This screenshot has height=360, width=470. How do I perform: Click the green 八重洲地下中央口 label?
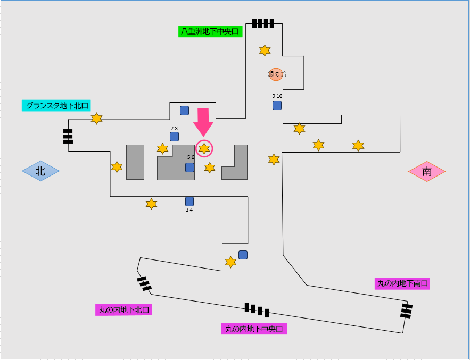210,31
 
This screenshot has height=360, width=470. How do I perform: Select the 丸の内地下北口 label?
123,309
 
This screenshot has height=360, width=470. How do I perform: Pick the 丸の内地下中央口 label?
254,329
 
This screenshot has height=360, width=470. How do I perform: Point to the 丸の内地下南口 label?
402,283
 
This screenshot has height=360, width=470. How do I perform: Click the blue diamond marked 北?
40,171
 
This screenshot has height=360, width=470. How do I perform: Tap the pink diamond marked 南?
427,172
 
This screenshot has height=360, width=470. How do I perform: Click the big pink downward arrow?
203,123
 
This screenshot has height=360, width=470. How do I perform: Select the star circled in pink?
204,149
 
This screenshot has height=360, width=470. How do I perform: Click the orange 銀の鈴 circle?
275,74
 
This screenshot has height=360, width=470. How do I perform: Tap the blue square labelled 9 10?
277,105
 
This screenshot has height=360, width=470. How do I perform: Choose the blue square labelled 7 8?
174,137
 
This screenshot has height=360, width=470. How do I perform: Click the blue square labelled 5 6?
189,168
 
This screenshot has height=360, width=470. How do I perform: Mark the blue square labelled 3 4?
189,202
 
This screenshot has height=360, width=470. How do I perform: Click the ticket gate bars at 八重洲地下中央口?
263,23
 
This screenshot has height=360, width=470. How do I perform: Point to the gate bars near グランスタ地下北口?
68,136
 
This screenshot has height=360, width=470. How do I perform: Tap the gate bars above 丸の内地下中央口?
257,309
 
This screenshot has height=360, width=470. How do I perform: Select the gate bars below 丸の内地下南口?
407,311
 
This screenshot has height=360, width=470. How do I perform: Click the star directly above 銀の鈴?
265,51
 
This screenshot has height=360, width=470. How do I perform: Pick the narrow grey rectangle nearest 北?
135,162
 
